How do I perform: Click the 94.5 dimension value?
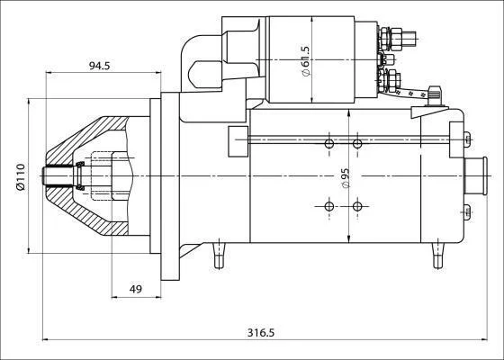tap(99, 66)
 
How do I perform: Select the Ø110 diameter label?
tap(21, 176)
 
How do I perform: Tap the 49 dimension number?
tap(136, 289)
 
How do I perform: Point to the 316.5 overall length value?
tap(261, 332)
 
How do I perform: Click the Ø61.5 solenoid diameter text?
tap(305, 61)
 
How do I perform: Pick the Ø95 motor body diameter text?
tap(346, 178)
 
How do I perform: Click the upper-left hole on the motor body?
tap(329, 144)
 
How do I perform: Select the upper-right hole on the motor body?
tap(357, 144)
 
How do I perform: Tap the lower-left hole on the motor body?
tap(329, 206)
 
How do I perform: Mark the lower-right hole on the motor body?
tap(357, 206)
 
